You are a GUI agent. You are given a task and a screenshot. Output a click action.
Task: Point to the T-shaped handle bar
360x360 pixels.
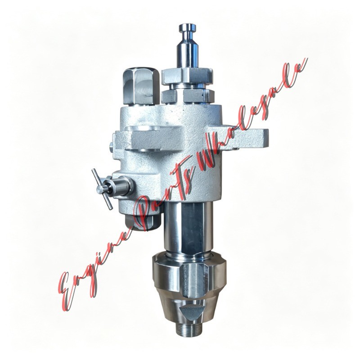tap(102, 189)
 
